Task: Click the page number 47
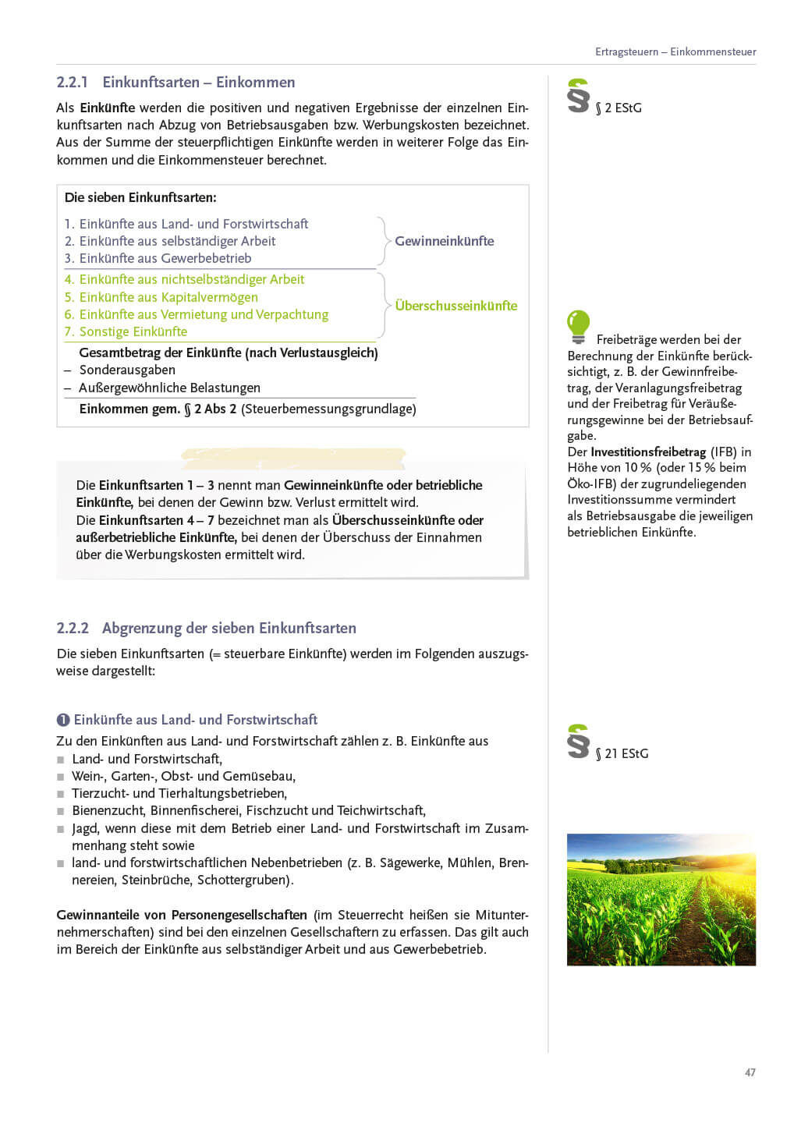[750, 1072]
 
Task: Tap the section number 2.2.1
[73, 83]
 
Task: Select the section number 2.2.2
[73, 629]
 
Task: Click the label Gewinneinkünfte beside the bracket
[444, 241]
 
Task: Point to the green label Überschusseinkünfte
[455, 306]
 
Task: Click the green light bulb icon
[578, 327]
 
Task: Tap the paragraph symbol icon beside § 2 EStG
[578, 96]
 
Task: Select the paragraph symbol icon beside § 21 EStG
[578, 742]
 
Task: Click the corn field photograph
[661, 899]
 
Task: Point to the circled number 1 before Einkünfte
[63, 720]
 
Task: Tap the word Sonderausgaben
[127, 370]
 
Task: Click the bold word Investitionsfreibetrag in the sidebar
[647, 452]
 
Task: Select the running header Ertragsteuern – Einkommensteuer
[675, 52]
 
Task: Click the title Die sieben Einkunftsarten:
[140, 197]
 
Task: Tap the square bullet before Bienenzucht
[61, 811]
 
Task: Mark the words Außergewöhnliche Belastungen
[169, 388]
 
